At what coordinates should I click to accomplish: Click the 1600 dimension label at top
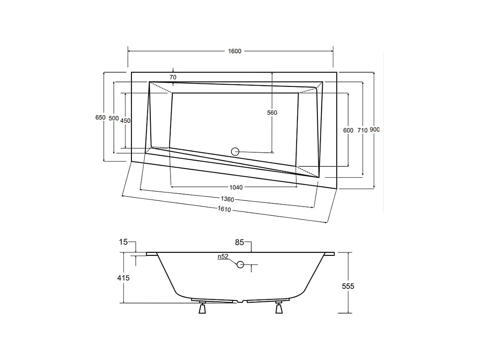tap(234, 51)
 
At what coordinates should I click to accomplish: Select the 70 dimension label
tap(173, 77)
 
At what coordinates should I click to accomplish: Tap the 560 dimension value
tap(272, 113)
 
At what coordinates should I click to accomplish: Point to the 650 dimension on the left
tap(100, 117)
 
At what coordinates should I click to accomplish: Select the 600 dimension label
tap(348, 130)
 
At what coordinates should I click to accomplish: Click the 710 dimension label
tap(362, 130)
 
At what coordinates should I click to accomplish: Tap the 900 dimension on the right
tap(375, 130)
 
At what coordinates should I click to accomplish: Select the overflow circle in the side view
tap(240, 265)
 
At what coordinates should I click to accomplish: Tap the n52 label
tap(223, 256)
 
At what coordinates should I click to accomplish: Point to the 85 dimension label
tap(239, 242)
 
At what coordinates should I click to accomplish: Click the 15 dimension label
tap(123, 242)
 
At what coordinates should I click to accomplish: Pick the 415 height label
tap(123, 278)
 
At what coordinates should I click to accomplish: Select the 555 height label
tap(348, 286)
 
